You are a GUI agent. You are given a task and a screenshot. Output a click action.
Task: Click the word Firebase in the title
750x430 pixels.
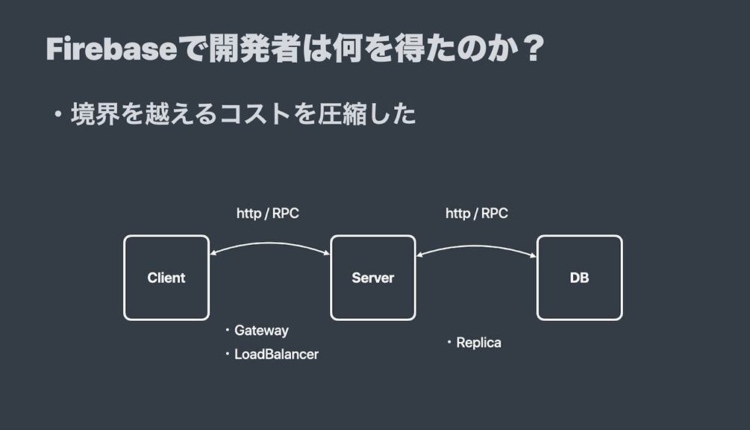tap(112, 49)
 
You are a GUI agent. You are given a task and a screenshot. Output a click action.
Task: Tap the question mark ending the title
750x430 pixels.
tap(534, 48)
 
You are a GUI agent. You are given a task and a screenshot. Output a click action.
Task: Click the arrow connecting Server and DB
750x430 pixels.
tap(476, 247)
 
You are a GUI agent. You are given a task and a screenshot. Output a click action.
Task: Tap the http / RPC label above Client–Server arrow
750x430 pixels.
tap(268, 214)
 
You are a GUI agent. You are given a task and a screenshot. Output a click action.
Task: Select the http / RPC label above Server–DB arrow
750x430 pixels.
tap(477, 214)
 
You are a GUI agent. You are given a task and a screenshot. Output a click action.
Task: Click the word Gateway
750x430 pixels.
tap(262, 331)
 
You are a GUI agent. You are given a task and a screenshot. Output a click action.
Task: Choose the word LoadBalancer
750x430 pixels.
tap(276, 355)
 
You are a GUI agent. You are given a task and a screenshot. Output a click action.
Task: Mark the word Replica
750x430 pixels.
tap(479, 343)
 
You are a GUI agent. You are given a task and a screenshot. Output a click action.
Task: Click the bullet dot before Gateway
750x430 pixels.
tap(227, 330)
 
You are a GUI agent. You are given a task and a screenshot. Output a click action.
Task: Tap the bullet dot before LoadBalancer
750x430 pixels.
tap(227, 354)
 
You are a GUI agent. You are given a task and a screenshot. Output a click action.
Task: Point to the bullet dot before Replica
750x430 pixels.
tap(449, 342)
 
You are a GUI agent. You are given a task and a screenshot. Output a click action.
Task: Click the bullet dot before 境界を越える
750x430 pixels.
tap(58, 115)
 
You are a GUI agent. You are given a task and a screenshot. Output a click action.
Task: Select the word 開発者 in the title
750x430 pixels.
tap(255, 49)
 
